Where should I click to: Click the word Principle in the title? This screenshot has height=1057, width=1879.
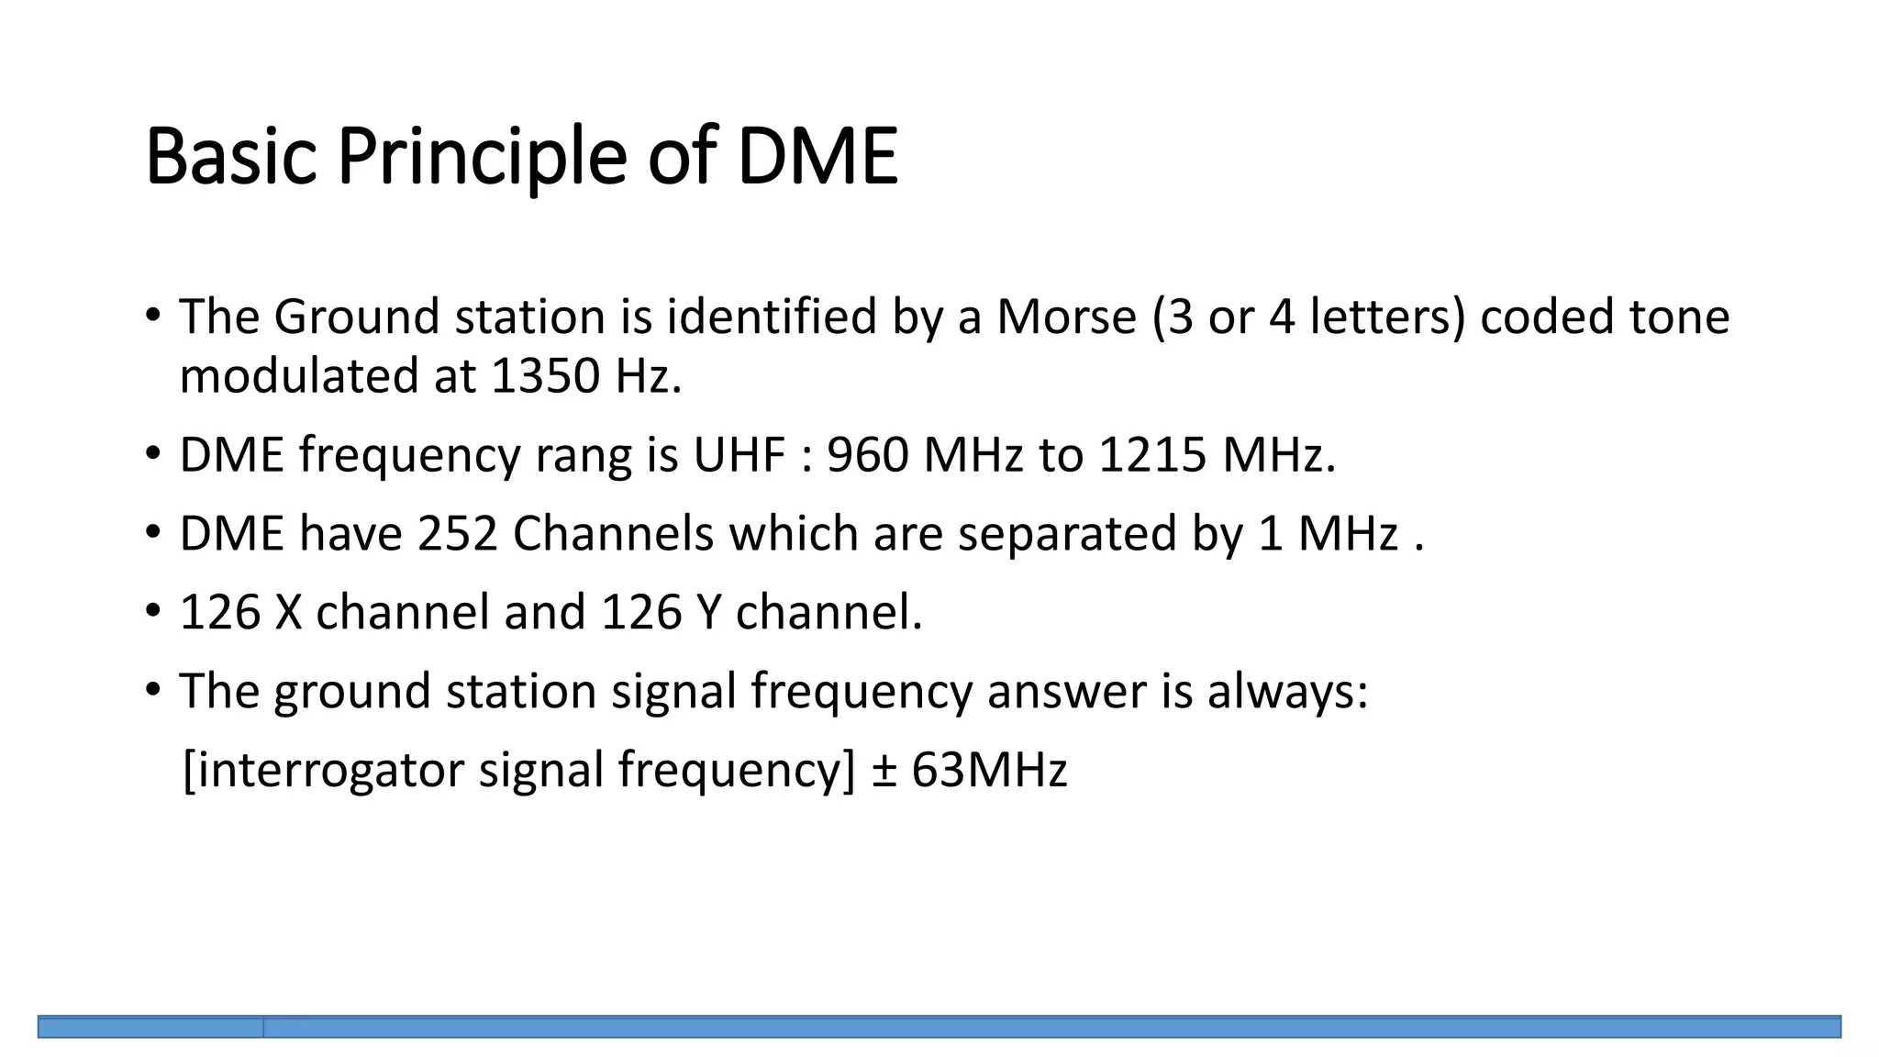[x=482, y=157]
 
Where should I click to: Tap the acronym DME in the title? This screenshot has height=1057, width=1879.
[x=817, y=157]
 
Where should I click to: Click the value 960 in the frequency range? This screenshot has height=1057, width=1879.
[x=867, y=454]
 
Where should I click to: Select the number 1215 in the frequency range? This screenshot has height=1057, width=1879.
[x=1151, y=454]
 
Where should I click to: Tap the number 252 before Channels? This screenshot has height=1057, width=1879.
[x=458, y=533]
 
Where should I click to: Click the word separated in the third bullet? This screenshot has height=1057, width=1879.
[x=1067, y=533]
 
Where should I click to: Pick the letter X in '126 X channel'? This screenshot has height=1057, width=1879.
[x=288, y=612]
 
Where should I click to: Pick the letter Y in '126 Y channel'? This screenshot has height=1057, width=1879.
[x=709, y=612]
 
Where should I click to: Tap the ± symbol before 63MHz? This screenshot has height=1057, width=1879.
[x=883, y=769]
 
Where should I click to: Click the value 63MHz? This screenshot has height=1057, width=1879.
[x=989, y=769]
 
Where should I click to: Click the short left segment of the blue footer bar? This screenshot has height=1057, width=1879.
[x=150, y=1027]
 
